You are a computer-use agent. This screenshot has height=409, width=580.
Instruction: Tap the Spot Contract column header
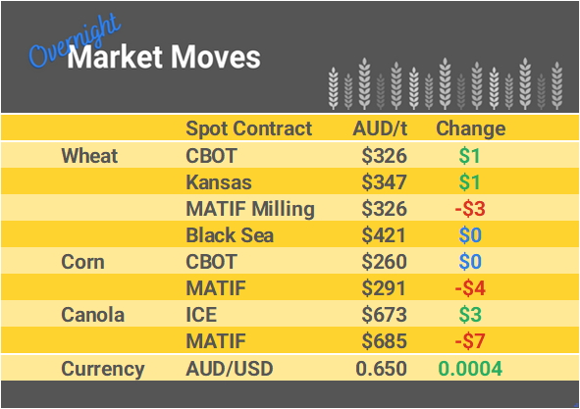pyautogui.click(x=248, y=128)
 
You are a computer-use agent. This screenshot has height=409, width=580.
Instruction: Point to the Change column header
pyautogui.click(x=470, y=128)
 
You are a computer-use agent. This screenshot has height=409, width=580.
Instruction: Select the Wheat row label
pyautogui.click(x=89, y=156)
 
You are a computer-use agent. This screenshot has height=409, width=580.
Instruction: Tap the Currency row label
pyautogui.click(x=103, y=369)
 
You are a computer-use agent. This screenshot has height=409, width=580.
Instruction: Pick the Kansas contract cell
pyautogui.click(x=218, y=182)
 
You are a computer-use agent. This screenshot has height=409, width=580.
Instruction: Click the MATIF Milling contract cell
pyautogui.click(x=249, y=209)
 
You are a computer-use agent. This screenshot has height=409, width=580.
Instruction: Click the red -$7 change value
pyautogui.click(x=470, y=342)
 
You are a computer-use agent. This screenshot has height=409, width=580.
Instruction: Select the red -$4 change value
pyautogui.click(x=470, y=289)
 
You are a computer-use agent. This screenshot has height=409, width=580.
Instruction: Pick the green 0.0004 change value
pyautogui.click(x=470, y=369)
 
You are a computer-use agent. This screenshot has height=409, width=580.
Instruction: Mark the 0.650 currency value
pyautogui.click(x=381, y=369)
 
